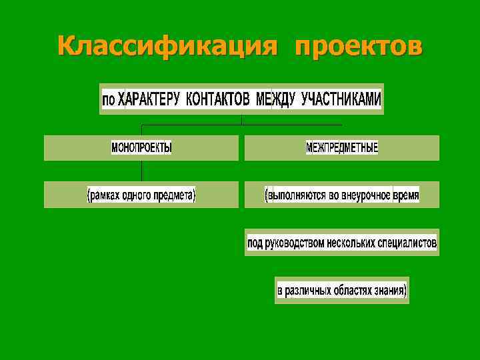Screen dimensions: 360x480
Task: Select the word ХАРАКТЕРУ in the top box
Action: (150, 99)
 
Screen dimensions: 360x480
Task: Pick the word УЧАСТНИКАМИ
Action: (341, 99)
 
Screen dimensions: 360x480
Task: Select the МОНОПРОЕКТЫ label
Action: (141, 147)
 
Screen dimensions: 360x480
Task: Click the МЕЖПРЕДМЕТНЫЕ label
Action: (341, 147)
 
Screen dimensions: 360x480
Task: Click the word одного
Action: (135, 195)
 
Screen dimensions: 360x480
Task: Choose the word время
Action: (404, 195)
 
